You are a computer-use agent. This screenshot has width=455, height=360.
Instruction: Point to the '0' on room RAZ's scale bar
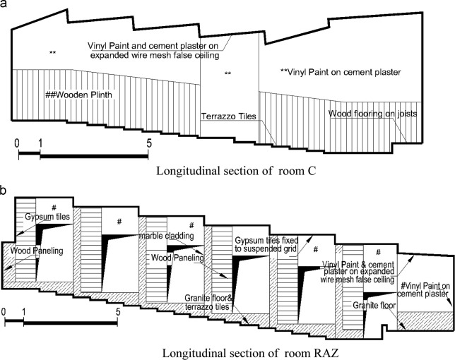5,311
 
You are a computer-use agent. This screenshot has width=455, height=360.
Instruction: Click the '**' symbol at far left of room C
52,53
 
